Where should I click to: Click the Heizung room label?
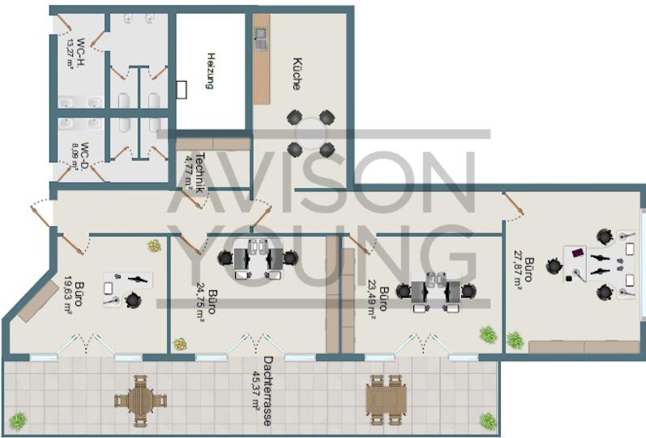(210, 71)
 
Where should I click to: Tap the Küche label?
(297, 73)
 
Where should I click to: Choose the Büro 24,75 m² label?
(206, 303)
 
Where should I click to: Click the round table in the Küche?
(310, 133)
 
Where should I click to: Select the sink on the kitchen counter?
(261, 36)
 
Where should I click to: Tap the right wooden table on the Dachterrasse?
(385, 397)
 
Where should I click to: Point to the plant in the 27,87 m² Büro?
(514, 339)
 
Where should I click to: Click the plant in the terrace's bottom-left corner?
(17, 421)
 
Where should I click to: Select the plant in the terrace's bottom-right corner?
(487, 421)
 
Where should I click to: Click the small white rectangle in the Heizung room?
(182, 88)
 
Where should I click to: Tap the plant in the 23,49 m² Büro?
(487, 334)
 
